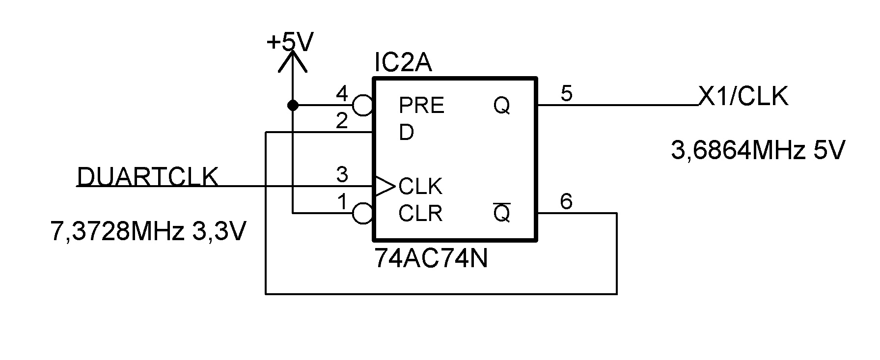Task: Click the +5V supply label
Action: click(290, 42)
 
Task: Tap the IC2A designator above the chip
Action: click(403, 63)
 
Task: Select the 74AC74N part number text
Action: click(431, 258)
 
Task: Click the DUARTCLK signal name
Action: click(147, 177)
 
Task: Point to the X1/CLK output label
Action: click(743, 96)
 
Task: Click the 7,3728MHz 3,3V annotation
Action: click(147, 231)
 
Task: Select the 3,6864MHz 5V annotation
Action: click(758, 151)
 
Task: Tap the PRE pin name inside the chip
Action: click(421, 106)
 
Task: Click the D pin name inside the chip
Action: click(406, 133)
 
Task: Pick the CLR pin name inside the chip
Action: click(420, 214)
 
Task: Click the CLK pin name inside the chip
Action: click(420, 187)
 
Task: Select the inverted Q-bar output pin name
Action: click(501, 213)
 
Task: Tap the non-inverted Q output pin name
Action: click(501, 106)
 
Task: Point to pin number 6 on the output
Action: click(566, 201)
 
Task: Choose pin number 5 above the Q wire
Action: click(566, 93)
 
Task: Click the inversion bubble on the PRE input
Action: click(363, 105)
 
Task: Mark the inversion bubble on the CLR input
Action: click(363, 214)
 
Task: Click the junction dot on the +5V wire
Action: click(293, 105)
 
